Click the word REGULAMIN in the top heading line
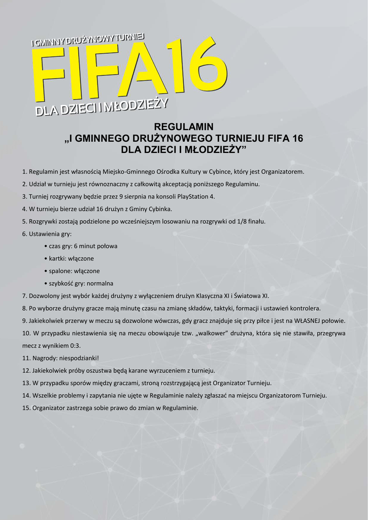click(x=184, y=126)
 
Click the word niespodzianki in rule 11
click(x=78, y=358)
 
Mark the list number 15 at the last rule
click(x=26, y=408)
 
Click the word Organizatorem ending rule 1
click(x=283, y=172)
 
